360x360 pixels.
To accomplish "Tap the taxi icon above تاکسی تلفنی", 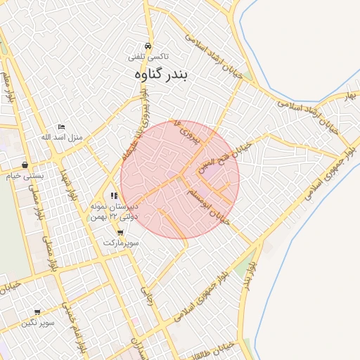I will tap(146, 43).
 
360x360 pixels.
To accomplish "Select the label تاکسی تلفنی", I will tap(147, 55).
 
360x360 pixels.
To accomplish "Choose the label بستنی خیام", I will tap(25, 176).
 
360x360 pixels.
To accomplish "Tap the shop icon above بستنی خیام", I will tap(25, 165).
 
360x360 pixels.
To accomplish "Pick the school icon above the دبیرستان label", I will tap(114, 196).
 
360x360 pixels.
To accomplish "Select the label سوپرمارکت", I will tap(121, 242).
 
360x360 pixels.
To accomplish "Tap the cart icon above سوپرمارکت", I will tap(120, 232).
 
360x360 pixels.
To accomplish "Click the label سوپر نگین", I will tap(37, 323).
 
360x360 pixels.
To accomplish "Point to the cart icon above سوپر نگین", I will tap(37, 312).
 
